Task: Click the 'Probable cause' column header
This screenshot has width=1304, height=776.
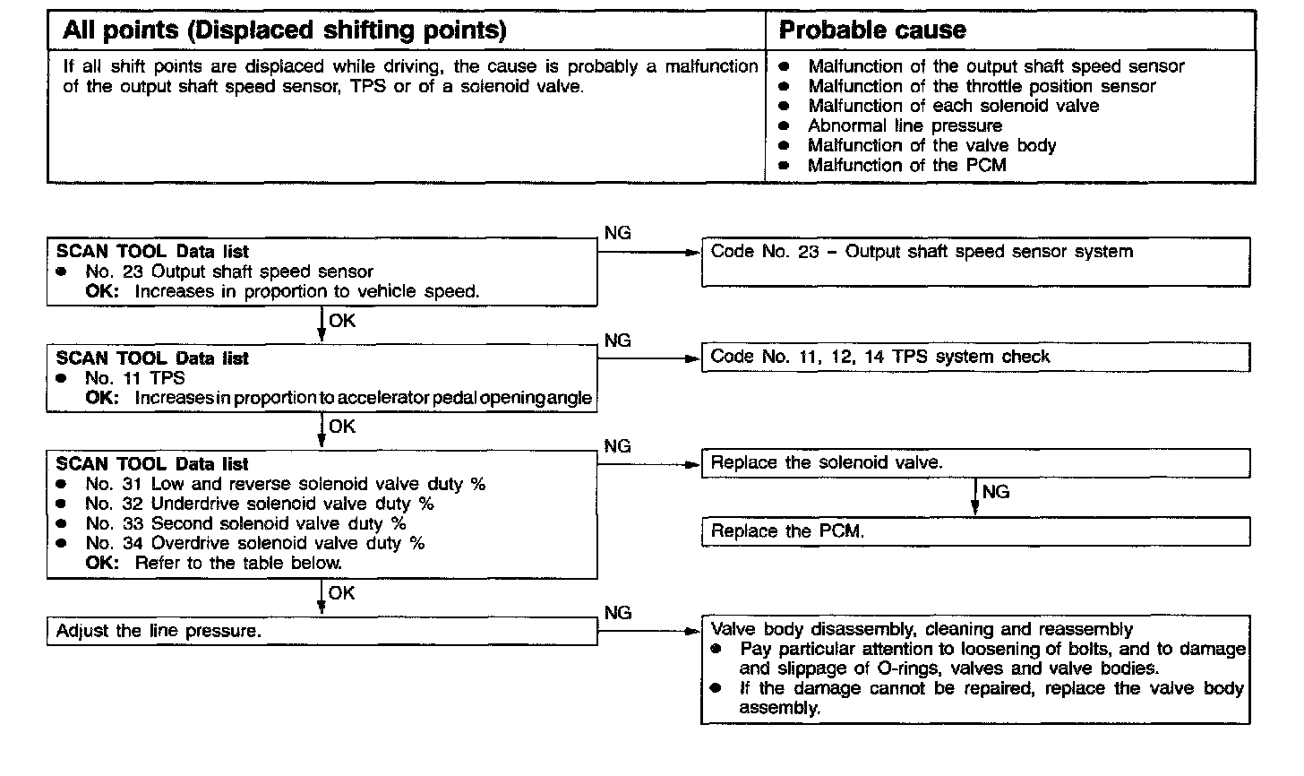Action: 872,30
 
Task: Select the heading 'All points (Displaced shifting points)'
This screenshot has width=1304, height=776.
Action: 285,30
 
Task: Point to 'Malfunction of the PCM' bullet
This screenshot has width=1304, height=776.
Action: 906,165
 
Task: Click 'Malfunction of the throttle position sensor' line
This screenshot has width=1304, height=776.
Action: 982,86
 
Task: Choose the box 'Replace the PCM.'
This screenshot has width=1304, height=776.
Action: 974,531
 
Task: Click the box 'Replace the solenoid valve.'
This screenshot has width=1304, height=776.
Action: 974,463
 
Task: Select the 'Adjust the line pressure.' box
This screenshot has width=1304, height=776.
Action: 322,631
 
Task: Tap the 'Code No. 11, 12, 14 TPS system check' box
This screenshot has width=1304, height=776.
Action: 974,357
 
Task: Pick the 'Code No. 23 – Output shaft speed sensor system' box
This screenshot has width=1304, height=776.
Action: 974,261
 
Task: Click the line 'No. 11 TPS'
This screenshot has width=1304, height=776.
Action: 135,378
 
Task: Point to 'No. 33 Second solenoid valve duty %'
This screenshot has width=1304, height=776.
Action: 246,523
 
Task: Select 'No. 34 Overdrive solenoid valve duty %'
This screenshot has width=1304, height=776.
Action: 255,543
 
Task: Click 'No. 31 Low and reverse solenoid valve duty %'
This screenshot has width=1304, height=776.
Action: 286,484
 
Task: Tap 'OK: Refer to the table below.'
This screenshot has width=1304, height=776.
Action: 214,563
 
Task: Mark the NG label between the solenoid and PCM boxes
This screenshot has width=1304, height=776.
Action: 995,492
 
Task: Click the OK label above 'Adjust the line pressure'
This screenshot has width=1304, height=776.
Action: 341,593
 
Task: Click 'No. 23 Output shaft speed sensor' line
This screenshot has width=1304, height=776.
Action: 229,272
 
